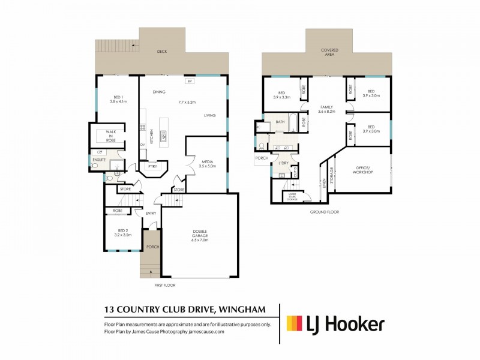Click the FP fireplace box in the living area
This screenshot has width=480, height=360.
[189, 80]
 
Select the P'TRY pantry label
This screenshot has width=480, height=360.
[152, 166]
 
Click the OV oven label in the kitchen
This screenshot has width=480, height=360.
[142, 145]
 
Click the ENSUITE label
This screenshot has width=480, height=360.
[99, 160]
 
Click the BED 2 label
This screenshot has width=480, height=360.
[122, 231]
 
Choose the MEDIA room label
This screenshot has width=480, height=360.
[207, 161]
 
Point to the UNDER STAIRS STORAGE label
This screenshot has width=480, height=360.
[293, 197]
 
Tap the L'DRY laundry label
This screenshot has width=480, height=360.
[280, 163]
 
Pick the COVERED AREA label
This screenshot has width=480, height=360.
[329, 52]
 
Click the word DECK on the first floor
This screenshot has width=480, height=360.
[162, 52]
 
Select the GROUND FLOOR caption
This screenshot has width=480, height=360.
[325, 212]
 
